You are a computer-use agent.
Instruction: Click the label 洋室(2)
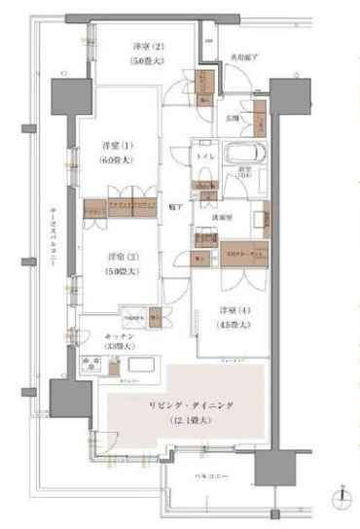click(151, 47)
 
